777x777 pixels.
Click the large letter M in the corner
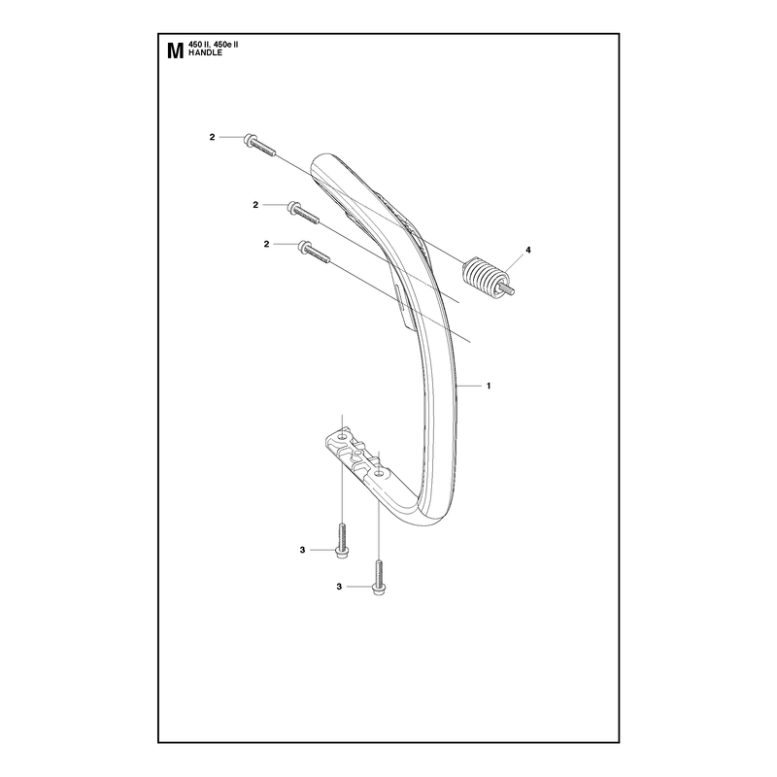pos(176,51)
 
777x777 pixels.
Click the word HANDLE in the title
pos(205,53)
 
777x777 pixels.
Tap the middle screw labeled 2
pos(303,213)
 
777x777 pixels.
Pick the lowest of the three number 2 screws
pos(314,253)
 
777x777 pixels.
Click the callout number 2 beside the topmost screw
pos(212,137)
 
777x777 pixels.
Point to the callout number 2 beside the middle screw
pos(255,205)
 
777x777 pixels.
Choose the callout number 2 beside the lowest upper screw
pos(266,244)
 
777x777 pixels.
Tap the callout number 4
pos(528,251)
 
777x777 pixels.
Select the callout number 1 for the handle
pos(489,386)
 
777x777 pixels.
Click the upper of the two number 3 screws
pos(342,542)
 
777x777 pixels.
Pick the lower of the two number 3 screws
pos(378,577)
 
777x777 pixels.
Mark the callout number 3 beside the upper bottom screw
pos(302,550)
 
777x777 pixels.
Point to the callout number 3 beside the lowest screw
pos(339,587)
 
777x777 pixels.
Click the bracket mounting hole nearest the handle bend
pos(379,474)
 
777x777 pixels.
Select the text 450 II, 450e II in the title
pos(214,45)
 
